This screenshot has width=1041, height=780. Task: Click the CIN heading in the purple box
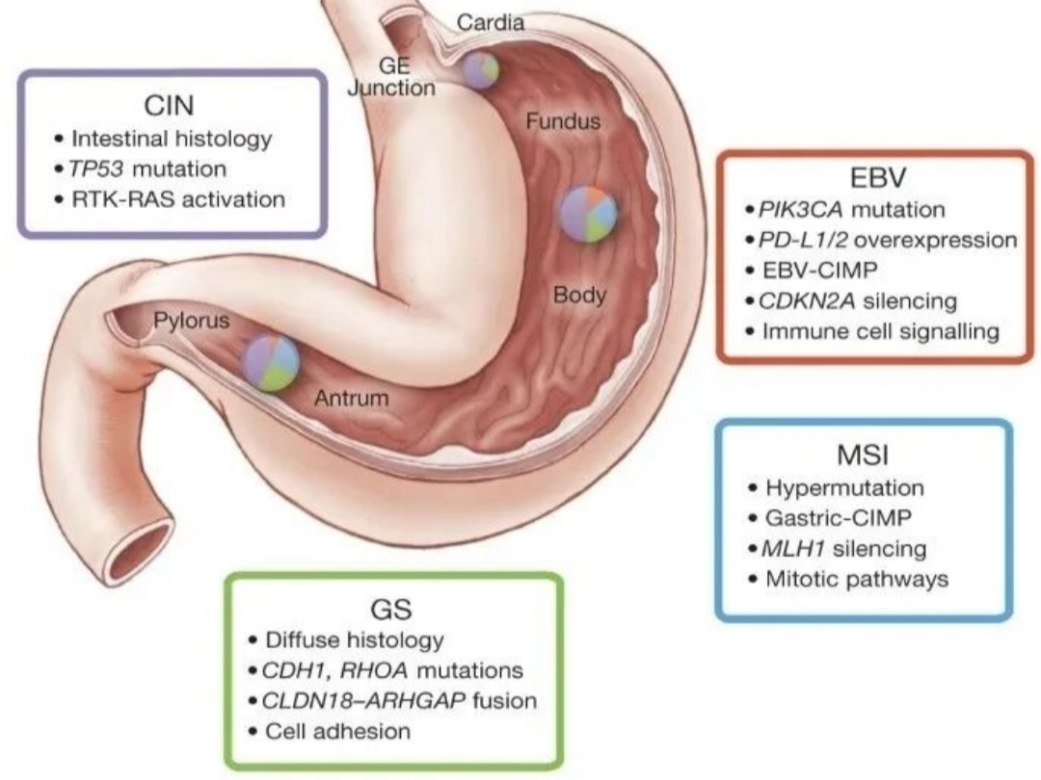(169, 106)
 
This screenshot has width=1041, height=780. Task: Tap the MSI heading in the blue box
(863, 455)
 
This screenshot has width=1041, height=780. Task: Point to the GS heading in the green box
(391, 609)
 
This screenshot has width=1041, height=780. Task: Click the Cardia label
(491, 22)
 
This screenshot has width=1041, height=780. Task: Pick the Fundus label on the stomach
(563, 121)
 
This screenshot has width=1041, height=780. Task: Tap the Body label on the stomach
(579, 295)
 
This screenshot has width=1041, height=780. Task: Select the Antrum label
(351, 398)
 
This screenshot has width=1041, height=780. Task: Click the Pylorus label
(191, 321)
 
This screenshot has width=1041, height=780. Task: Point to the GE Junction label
(391, 76)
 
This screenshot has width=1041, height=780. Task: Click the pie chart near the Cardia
(480, 71)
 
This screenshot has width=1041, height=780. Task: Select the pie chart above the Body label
(588, 214)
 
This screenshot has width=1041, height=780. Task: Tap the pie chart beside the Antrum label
(271, 362)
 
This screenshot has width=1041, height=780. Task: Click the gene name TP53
(95, 169)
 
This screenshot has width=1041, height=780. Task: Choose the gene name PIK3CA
(800, 210)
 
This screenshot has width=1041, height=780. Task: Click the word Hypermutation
(844, 488)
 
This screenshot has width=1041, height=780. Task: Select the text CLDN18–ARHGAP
(363, 700)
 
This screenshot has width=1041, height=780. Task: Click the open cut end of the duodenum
(142, 552)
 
